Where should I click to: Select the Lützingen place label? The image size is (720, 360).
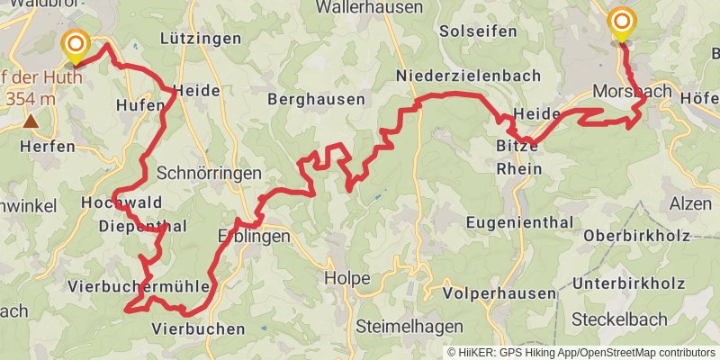pyautogui.click(x=201, y=39)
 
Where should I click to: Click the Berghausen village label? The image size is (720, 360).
pyautogui.click(x=317, y=99)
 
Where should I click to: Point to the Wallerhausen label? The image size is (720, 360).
pyautogui.click(x=370, y=7)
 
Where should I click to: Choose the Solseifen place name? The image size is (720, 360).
pyautogui.click(x=478, y=31)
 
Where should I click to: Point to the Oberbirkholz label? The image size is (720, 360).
pyautogui.click(x=636, y=236)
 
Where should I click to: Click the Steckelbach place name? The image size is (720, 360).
pyautogui.click(x=620, y=319)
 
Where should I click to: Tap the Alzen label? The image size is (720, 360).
pyautogui.click(x=690, y=204)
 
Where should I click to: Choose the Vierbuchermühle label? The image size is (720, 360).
pyautogui.click(x=139, y=286)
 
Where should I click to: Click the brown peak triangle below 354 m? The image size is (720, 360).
pyautogui.click(x=31, y=121)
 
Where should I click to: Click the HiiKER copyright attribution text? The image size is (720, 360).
pyautogui.click(x=581, y=352)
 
